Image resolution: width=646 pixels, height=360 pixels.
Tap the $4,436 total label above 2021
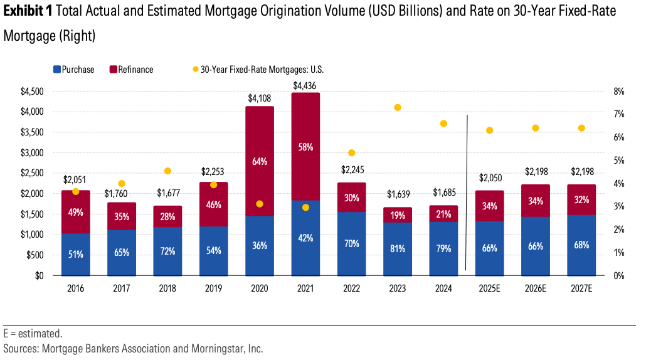point(305,85)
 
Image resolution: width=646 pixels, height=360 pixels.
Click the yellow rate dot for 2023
point(398,107)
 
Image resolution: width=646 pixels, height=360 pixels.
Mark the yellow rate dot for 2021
point(305,207)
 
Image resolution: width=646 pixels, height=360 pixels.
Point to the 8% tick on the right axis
point(618,91)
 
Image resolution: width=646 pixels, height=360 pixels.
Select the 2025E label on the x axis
point(490,289)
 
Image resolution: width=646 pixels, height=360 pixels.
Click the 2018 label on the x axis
point(167,289)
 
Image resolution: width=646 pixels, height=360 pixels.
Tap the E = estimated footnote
point(33,334)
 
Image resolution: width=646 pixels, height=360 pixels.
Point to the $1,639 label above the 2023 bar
point(398,194)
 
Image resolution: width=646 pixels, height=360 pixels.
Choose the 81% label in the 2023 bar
point(398,248)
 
